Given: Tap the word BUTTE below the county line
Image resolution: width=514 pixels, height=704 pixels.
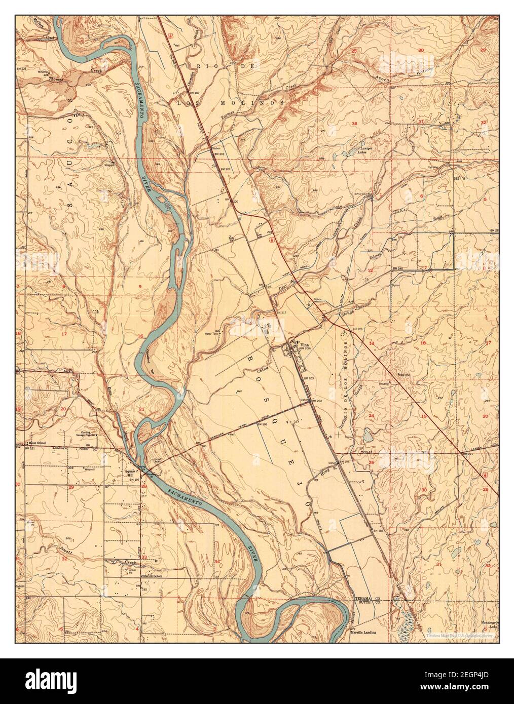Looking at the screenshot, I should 362,603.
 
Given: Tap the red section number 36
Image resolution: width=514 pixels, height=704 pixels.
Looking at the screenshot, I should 354,124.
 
